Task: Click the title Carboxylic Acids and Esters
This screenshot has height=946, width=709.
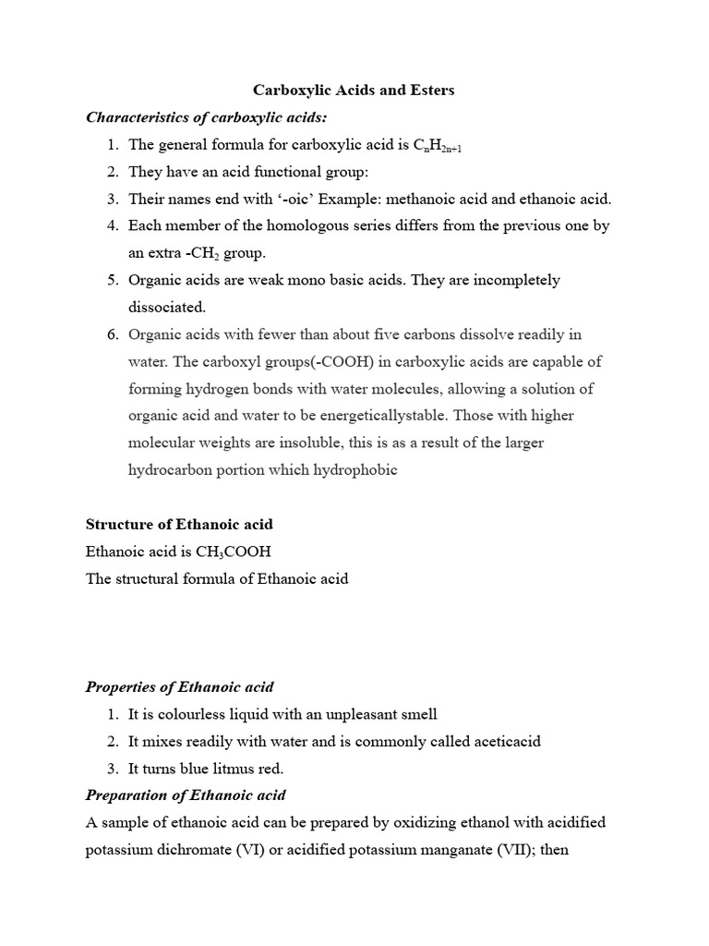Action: (354, 91)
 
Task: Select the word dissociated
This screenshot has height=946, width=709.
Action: (167, 307)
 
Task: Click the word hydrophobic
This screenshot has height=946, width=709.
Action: (355, 469)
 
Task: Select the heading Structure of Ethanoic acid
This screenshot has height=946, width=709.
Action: (179, 524)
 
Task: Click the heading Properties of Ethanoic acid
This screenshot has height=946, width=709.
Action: (179, 686)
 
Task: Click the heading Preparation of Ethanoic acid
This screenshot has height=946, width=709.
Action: (186, 794)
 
